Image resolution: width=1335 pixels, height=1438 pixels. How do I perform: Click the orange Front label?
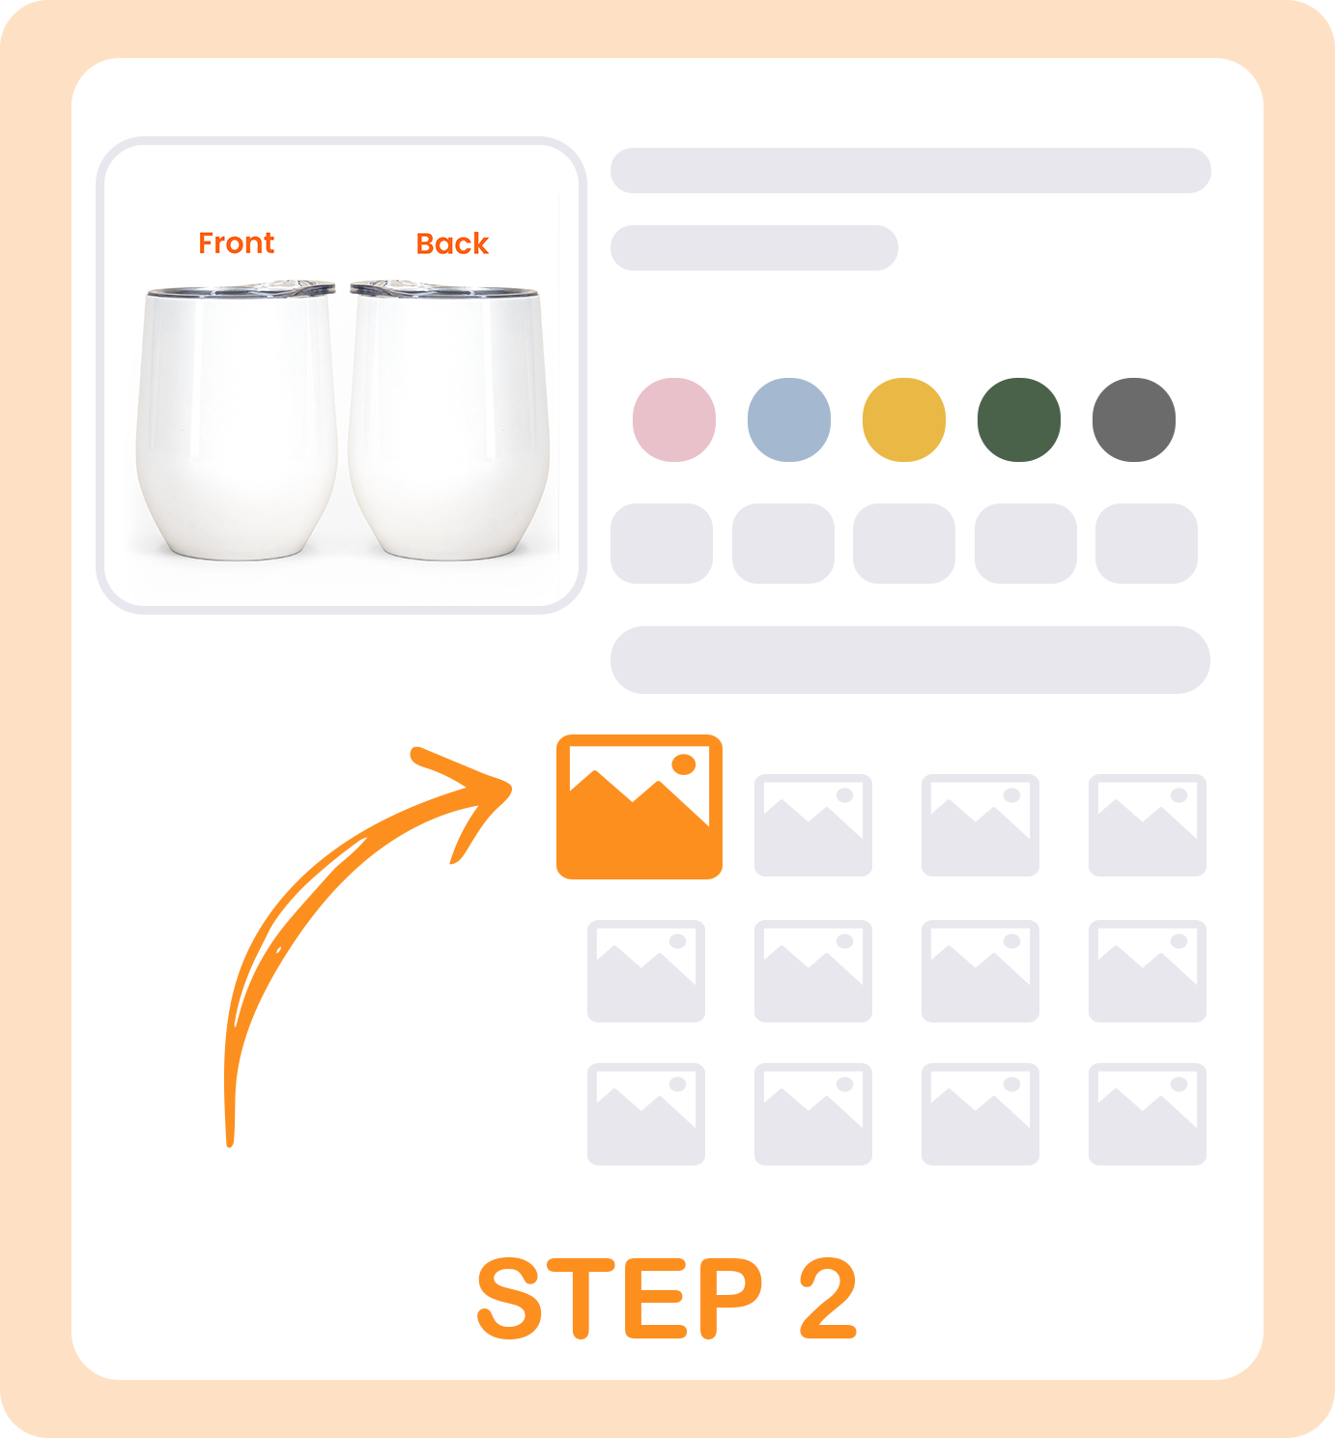coord(236,244)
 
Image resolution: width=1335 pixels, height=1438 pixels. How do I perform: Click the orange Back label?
coord(452,244)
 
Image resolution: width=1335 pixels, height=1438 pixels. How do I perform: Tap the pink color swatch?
coord(674,420)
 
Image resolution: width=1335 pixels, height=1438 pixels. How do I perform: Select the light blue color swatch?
coord(789,420)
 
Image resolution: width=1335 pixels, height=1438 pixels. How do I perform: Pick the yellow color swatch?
coord(904,420)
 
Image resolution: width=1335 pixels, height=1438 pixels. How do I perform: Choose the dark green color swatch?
coord(1018,420)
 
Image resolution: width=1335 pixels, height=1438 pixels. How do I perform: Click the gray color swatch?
coord(1134,420)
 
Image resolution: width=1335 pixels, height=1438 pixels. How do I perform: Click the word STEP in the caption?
coord(620,1299)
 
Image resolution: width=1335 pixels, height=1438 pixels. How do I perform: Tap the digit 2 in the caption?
coord(828,1298)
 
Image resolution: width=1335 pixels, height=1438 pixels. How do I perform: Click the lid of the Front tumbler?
coord(241,289)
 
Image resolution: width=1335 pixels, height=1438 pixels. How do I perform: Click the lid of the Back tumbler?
coord(443,289)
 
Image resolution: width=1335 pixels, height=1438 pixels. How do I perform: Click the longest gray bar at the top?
coord(911,171)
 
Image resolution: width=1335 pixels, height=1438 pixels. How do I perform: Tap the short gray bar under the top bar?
coord(754,247)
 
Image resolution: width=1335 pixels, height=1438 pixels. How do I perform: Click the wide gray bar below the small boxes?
coord(910,660)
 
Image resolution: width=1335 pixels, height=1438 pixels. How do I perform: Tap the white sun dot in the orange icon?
coord(683,764)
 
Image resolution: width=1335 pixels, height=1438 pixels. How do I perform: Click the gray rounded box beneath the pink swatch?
coord(662,544)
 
